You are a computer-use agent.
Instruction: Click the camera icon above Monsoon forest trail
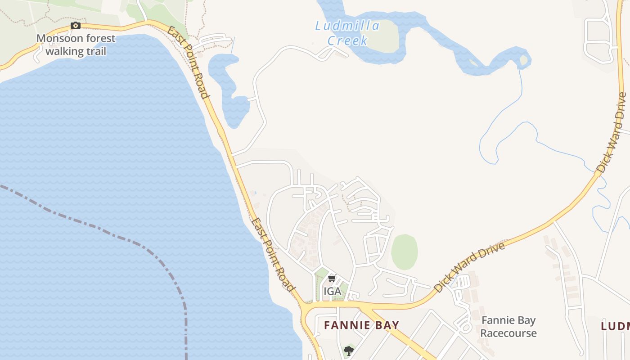pyautogui.click(x=76, y=26)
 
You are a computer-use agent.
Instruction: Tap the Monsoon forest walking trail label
pyautogui.click(x=76, y=45)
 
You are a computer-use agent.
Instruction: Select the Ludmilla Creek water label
pyautogui.click(x=347, y=33)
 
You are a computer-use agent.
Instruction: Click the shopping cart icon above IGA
pyautogui.click(x=332, y=279)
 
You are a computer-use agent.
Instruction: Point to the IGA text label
pyautogui.click(x=332, y=292)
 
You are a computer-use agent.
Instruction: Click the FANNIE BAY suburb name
pyautogui.click(x=361, y=325)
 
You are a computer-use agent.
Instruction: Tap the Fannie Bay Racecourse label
pyautogui.click(x=508, y=327)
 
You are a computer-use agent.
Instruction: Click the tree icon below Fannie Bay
pyautogui.click(x=348, y=351)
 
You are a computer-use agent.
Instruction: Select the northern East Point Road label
pyautogui.click(x=189, y=62)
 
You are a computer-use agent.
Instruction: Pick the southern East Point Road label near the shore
pyautogui.click(x=273, y=255)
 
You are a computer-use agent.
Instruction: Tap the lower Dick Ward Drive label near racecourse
pyautogui.click(x=470, y=267)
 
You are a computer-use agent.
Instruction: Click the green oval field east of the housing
pyautogui.click(x=404, y=252)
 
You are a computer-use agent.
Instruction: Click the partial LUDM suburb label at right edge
pyautogui.click(x=616, y=326)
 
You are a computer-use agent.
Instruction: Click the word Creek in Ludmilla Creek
pyautogui.click(x=347, y=40)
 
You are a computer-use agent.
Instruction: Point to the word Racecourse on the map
pyautogui.click(x=508, y=333)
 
